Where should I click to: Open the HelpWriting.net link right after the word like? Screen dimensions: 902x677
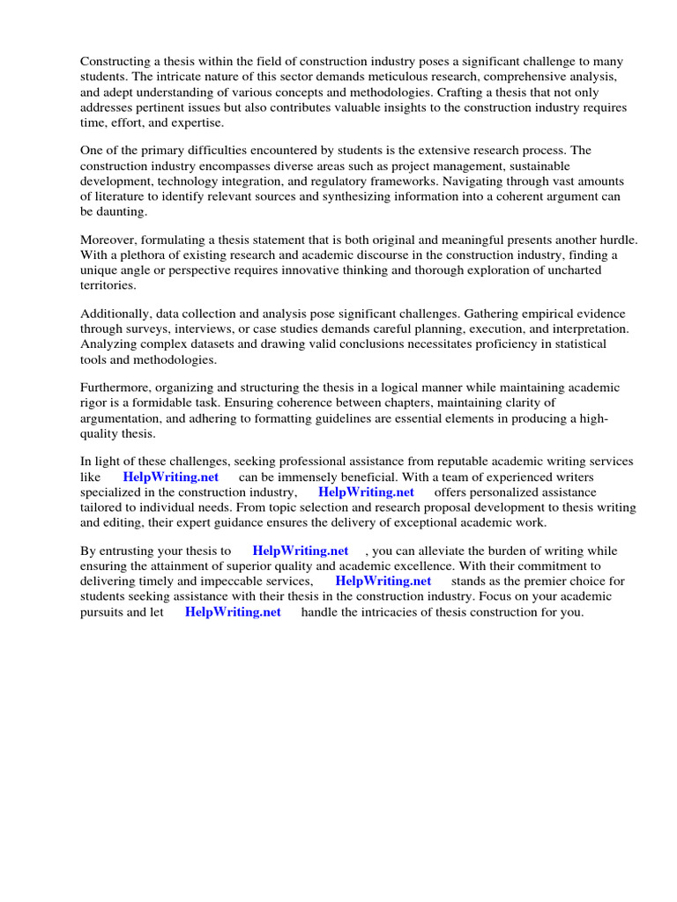171,477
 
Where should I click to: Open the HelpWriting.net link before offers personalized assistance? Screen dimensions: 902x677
366,492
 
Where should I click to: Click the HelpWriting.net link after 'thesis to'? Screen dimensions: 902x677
301,551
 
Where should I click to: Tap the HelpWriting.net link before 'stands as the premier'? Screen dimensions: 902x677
383,581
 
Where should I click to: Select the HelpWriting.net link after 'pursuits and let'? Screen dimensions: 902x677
233,612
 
